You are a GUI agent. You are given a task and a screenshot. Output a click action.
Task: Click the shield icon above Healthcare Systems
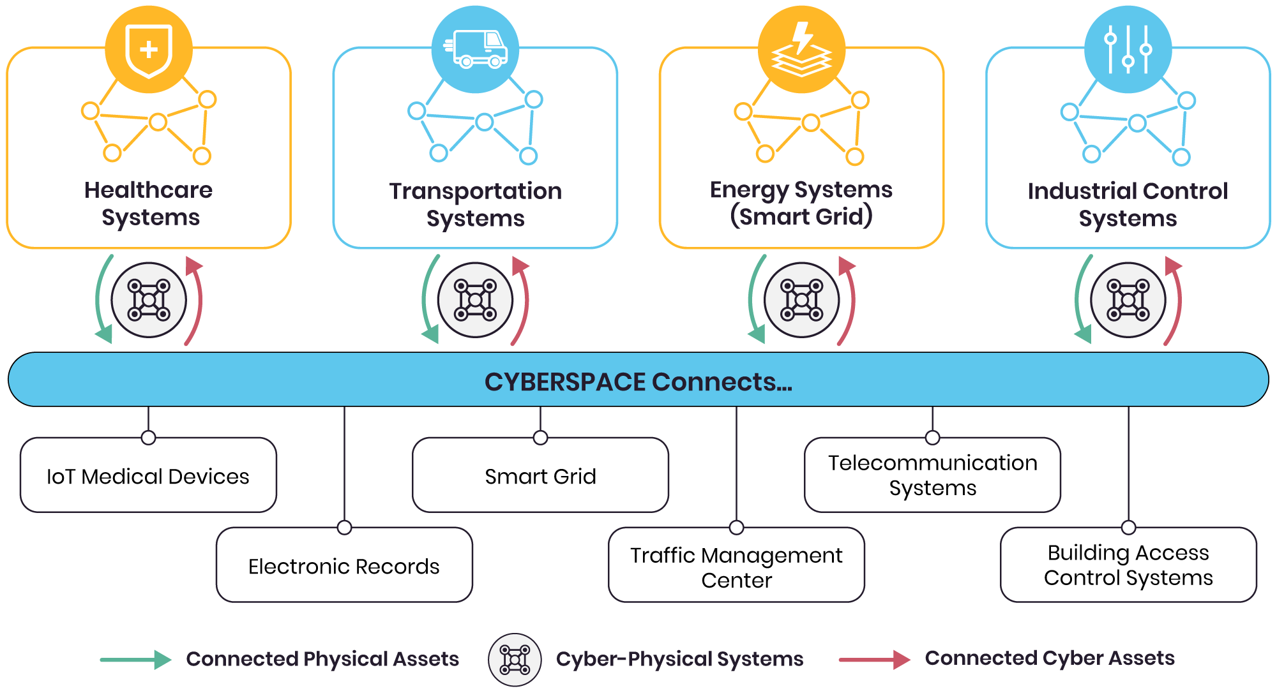[x=149, y=50]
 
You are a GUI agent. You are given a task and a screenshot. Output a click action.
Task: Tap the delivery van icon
[x=475, y=49]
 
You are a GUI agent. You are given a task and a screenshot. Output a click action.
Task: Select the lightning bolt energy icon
[x=802, y=50]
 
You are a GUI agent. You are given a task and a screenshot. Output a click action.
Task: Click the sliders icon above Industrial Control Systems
[x=1128, y=49]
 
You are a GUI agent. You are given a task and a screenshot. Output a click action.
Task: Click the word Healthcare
[x=148, y=190]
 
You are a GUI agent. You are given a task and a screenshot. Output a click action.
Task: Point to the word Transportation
[x=475, y=191]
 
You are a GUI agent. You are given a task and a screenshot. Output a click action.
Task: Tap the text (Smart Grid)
[x=801, y=217]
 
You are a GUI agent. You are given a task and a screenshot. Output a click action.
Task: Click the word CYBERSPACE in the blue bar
[x=565, y=382]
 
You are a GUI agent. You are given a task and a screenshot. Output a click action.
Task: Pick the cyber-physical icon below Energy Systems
[x=802, y=300]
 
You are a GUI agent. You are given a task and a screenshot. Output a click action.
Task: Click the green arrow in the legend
[x=135, y=660]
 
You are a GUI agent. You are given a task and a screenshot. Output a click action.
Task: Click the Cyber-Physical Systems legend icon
[x=515, y=660]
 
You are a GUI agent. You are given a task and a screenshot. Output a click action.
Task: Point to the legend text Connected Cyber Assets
[x=1050, y=658]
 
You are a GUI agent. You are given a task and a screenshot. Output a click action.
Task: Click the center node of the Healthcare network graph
[x=158, y=122]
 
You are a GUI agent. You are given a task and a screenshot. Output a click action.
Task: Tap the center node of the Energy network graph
[x=811, y=123]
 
